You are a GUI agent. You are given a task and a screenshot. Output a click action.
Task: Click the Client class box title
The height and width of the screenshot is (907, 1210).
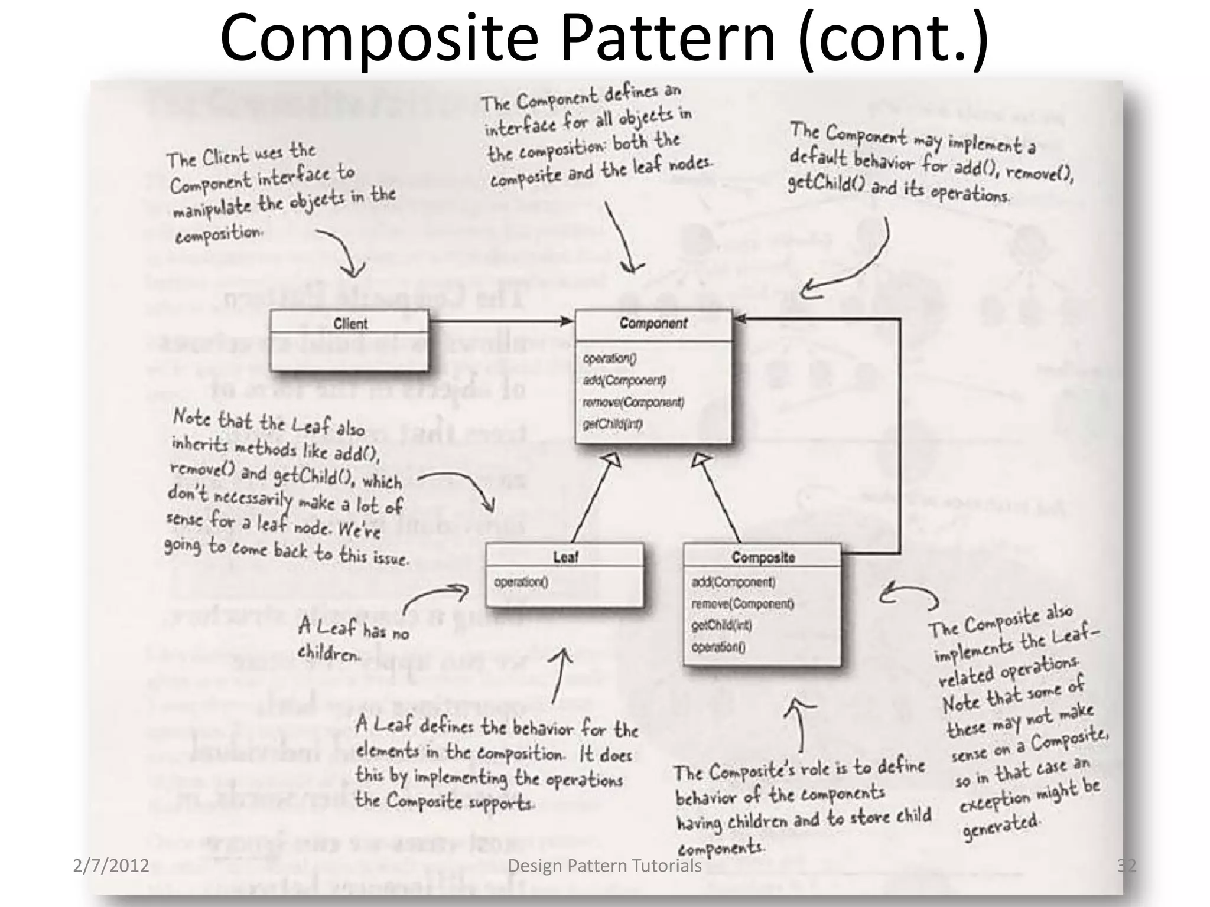coord(350,324)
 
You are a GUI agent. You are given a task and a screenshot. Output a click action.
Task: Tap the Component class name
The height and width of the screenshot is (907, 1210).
coord(653,324)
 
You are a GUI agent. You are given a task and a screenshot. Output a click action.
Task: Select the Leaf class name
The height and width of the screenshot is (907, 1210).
coord(565,557)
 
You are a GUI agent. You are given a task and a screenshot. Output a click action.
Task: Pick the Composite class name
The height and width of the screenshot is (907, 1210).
coord(763,557)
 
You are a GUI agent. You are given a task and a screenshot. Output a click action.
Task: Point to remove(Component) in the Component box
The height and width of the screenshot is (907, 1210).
coord(633,402)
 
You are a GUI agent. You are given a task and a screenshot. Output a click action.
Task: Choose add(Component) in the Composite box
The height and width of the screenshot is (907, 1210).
coord(733,582)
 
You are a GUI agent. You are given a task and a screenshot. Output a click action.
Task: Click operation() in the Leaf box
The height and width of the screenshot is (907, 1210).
coord(521,582)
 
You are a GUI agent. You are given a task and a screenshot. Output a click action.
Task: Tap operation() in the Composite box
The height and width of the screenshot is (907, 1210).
coord(718,647)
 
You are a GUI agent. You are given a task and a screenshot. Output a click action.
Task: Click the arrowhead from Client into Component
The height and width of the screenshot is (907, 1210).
coord(567,321)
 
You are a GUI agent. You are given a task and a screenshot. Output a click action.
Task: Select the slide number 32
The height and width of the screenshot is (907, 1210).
coord(1126,866)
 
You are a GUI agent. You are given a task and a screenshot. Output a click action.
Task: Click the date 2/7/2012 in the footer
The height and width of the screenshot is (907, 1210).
coord(110,866)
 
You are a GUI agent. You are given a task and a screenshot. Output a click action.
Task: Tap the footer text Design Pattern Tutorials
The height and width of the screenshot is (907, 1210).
coord(604,866)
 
